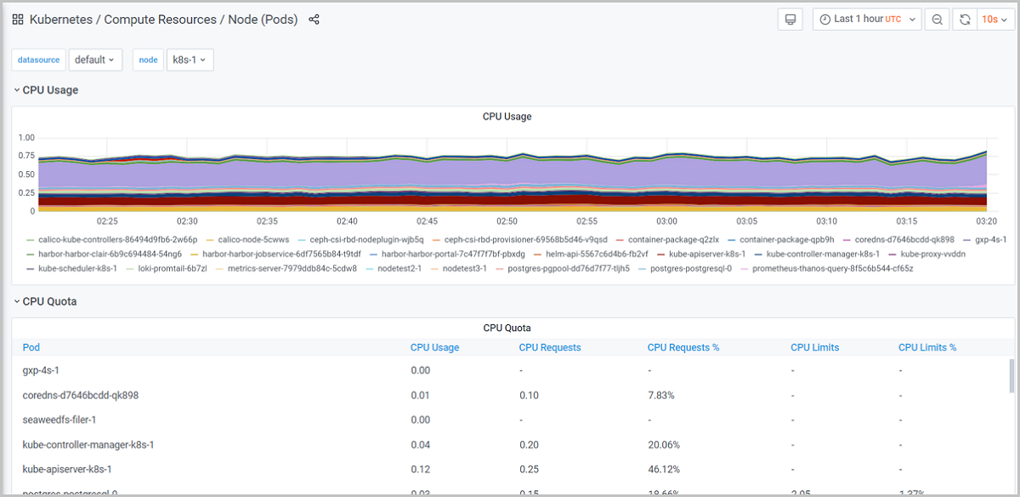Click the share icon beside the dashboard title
coord(314,20)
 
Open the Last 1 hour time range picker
coord(866,20)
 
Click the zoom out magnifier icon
coord(937,20)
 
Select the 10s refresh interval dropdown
coord(994,20)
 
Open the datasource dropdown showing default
coord(95,60)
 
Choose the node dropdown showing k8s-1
coord(189,60)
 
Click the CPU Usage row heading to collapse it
coord(50,89)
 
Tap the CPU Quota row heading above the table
coord(49,301)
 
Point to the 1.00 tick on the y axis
coord(26,138)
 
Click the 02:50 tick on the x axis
coord(507,221)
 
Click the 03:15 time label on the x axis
coord(907,221)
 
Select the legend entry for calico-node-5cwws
coord(253,240)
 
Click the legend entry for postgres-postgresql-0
coord(690,268)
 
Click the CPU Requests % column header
coord(684,347)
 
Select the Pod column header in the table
coord(31,347)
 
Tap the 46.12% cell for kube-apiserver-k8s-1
coord(664,469)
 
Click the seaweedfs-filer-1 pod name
coord(59,420)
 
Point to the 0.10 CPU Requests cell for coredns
coord(529,395)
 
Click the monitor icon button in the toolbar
coord(790,20)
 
